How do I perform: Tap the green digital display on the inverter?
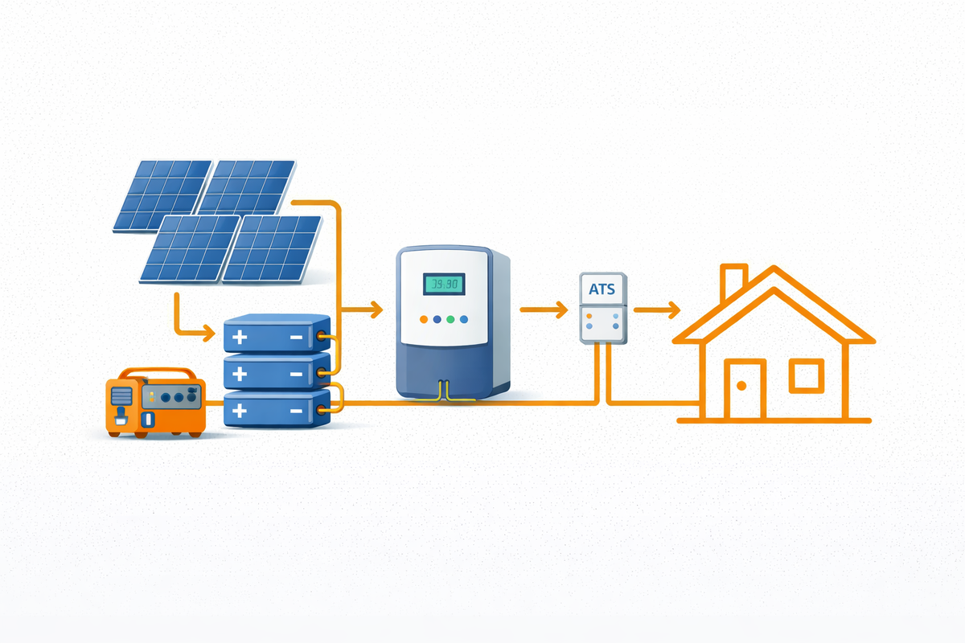tap(441, 284)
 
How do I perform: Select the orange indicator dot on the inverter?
tap(424, 319)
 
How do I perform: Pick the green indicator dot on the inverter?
tap(450, 319)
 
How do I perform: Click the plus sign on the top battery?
tap(239, 338)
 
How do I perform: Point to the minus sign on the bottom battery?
tap(295, 410)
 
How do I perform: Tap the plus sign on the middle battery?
tap(239, 374)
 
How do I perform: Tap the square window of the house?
tap(805, 375)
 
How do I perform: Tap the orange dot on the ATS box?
tap(589, 316)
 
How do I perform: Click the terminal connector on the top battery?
tap(323, 337)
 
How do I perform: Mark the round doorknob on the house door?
tap(741, 387)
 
